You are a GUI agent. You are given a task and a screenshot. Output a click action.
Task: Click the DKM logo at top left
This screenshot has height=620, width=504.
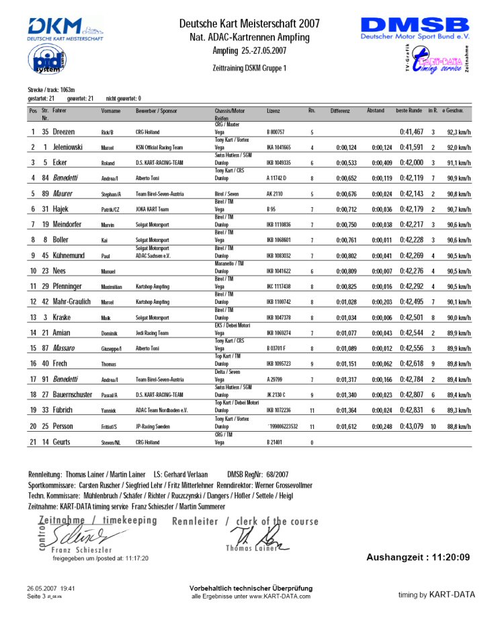(65, 30)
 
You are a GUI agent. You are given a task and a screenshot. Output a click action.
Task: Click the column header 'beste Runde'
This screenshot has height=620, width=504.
(409, 110)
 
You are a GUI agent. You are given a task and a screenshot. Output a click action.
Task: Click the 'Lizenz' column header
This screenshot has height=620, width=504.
(273, 110)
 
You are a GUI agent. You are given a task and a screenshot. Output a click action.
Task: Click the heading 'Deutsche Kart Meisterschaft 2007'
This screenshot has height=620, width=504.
(249, 24)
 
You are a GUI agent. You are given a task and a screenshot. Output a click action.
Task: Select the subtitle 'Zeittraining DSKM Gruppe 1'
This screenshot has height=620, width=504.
(249, 68)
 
